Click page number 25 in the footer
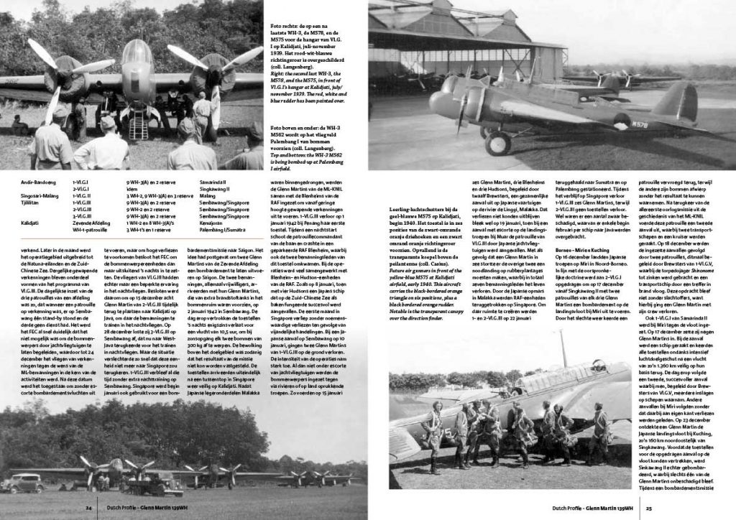(x=648, y=506)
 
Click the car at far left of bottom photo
(x=23, y=482)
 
